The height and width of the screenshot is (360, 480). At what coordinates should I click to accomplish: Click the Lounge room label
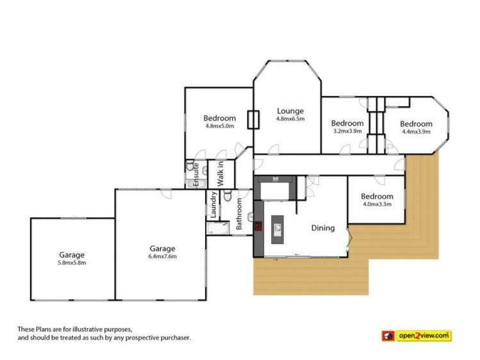pyautogui.click(x=290, y=111)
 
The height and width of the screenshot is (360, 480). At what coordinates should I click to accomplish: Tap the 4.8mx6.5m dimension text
pyautogui.click(x=290, y=119)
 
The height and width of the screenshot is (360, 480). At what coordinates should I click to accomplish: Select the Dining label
pyautogui.click(x=323, y=227)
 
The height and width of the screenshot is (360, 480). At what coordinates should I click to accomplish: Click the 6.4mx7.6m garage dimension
pyautogui.click(x=163, y=256)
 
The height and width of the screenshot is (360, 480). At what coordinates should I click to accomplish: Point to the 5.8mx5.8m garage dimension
pyautogui.click(x=72, y=262)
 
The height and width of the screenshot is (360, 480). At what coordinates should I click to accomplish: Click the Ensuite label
pyautogui.click(x=196, y=175)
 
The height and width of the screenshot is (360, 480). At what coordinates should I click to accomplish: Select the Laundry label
pyautogui.click(x=213, y=205)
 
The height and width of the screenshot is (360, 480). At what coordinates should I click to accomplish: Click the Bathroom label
pyautogui.click(x=239, y=214)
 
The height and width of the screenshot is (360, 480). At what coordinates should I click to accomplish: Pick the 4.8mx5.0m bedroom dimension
pyautogui.click(x=220, y=126)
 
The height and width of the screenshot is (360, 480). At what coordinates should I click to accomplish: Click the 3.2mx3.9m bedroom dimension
pyautogui.click(x=347, y=131)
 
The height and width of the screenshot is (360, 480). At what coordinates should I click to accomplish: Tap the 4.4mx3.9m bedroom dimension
pyautogui.click(x=417, y=131)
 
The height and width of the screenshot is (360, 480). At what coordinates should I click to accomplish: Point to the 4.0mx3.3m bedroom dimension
pyautogui.click(x=376, y=204)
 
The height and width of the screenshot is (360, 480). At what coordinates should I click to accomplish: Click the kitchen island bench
pyautogui.click(x=277, y=229)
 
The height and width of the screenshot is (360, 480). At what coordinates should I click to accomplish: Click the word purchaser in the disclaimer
pyautogui.click(x=174, y=337)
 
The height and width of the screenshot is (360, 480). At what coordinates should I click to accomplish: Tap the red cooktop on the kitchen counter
pyautogui.click(x=259, y=225)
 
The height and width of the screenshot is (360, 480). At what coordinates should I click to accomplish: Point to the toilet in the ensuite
pyautogui.click(x=190, y=167)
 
